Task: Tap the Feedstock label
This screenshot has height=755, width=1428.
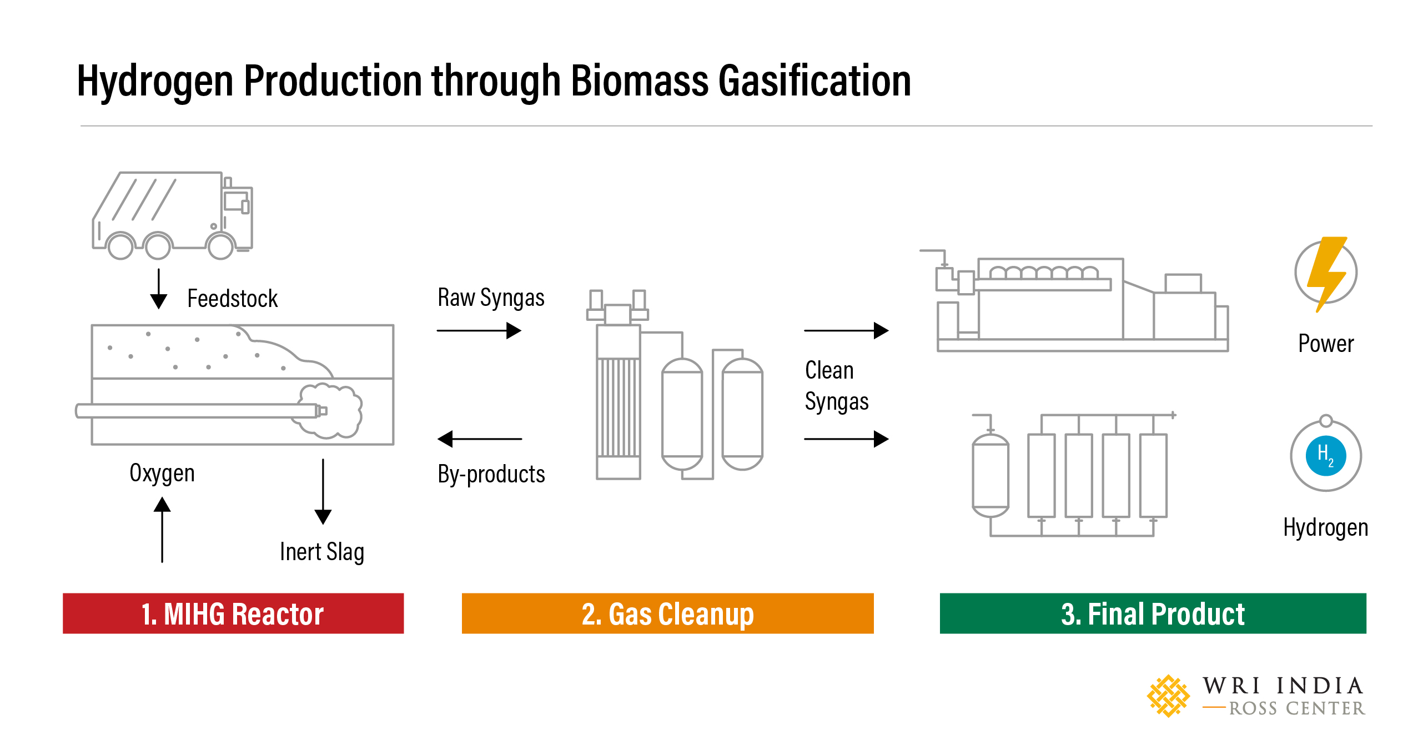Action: coord(232,299)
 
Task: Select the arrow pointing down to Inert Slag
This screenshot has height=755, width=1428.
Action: coord(323,491)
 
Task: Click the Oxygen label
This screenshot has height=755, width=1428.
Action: coord(162,474)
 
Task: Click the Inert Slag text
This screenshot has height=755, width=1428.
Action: coord(322,552)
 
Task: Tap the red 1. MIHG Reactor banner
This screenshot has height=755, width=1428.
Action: coord(233,613)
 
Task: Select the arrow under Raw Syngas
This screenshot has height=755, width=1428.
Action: coord(479,331)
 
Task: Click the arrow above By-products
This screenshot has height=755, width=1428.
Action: coord(480,439)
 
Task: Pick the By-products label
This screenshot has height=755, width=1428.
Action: coord(491,475)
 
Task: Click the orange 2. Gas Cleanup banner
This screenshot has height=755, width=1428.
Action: coord(667,613)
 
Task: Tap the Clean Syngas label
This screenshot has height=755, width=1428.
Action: coord(836,386)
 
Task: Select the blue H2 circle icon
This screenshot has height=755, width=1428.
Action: coord(1326,456)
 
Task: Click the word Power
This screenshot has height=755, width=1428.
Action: coord(1326,344)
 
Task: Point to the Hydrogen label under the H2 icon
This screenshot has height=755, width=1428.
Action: coord(1326,527)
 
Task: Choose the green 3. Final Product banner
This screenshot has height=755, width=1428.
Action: coord(1153,613)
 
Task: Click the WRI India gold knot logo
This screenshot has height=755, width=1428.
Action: coord(1168,696)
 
